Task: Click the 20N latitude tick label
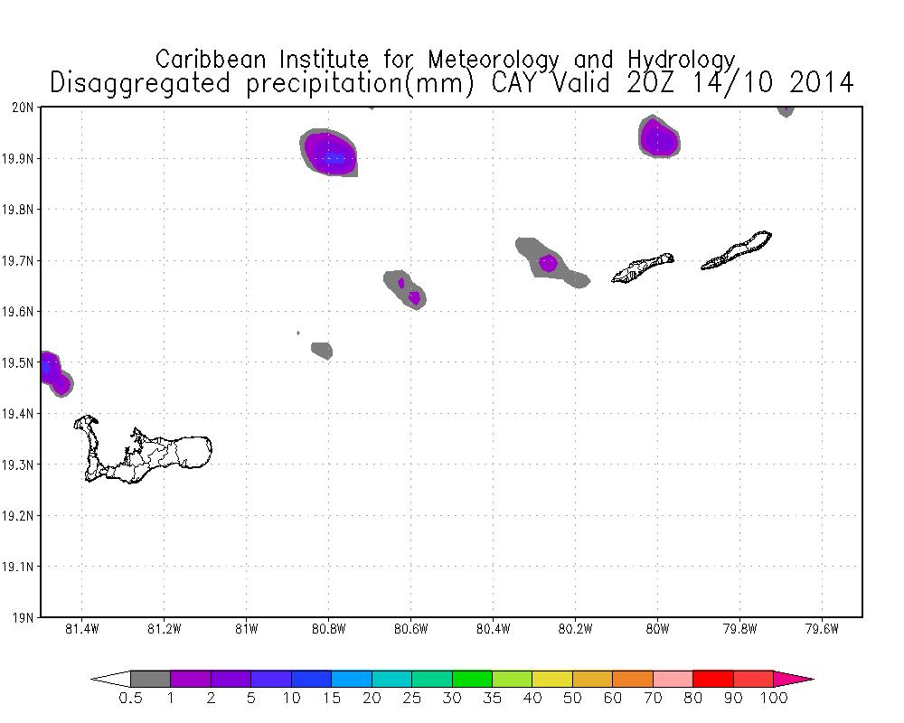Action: [24, 108]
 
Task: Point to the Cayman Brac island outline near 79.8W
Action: [736, 252]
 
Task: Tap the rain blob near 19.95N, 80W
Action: [659, 138]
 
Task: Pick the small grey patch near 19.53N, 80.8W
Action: [322, 349]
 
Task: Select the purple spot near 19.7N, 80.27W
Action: [548, 264]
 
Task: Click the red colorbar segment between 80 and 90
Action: [712, 679]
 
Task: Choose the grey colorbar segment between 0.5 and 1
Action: [150, 679]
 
